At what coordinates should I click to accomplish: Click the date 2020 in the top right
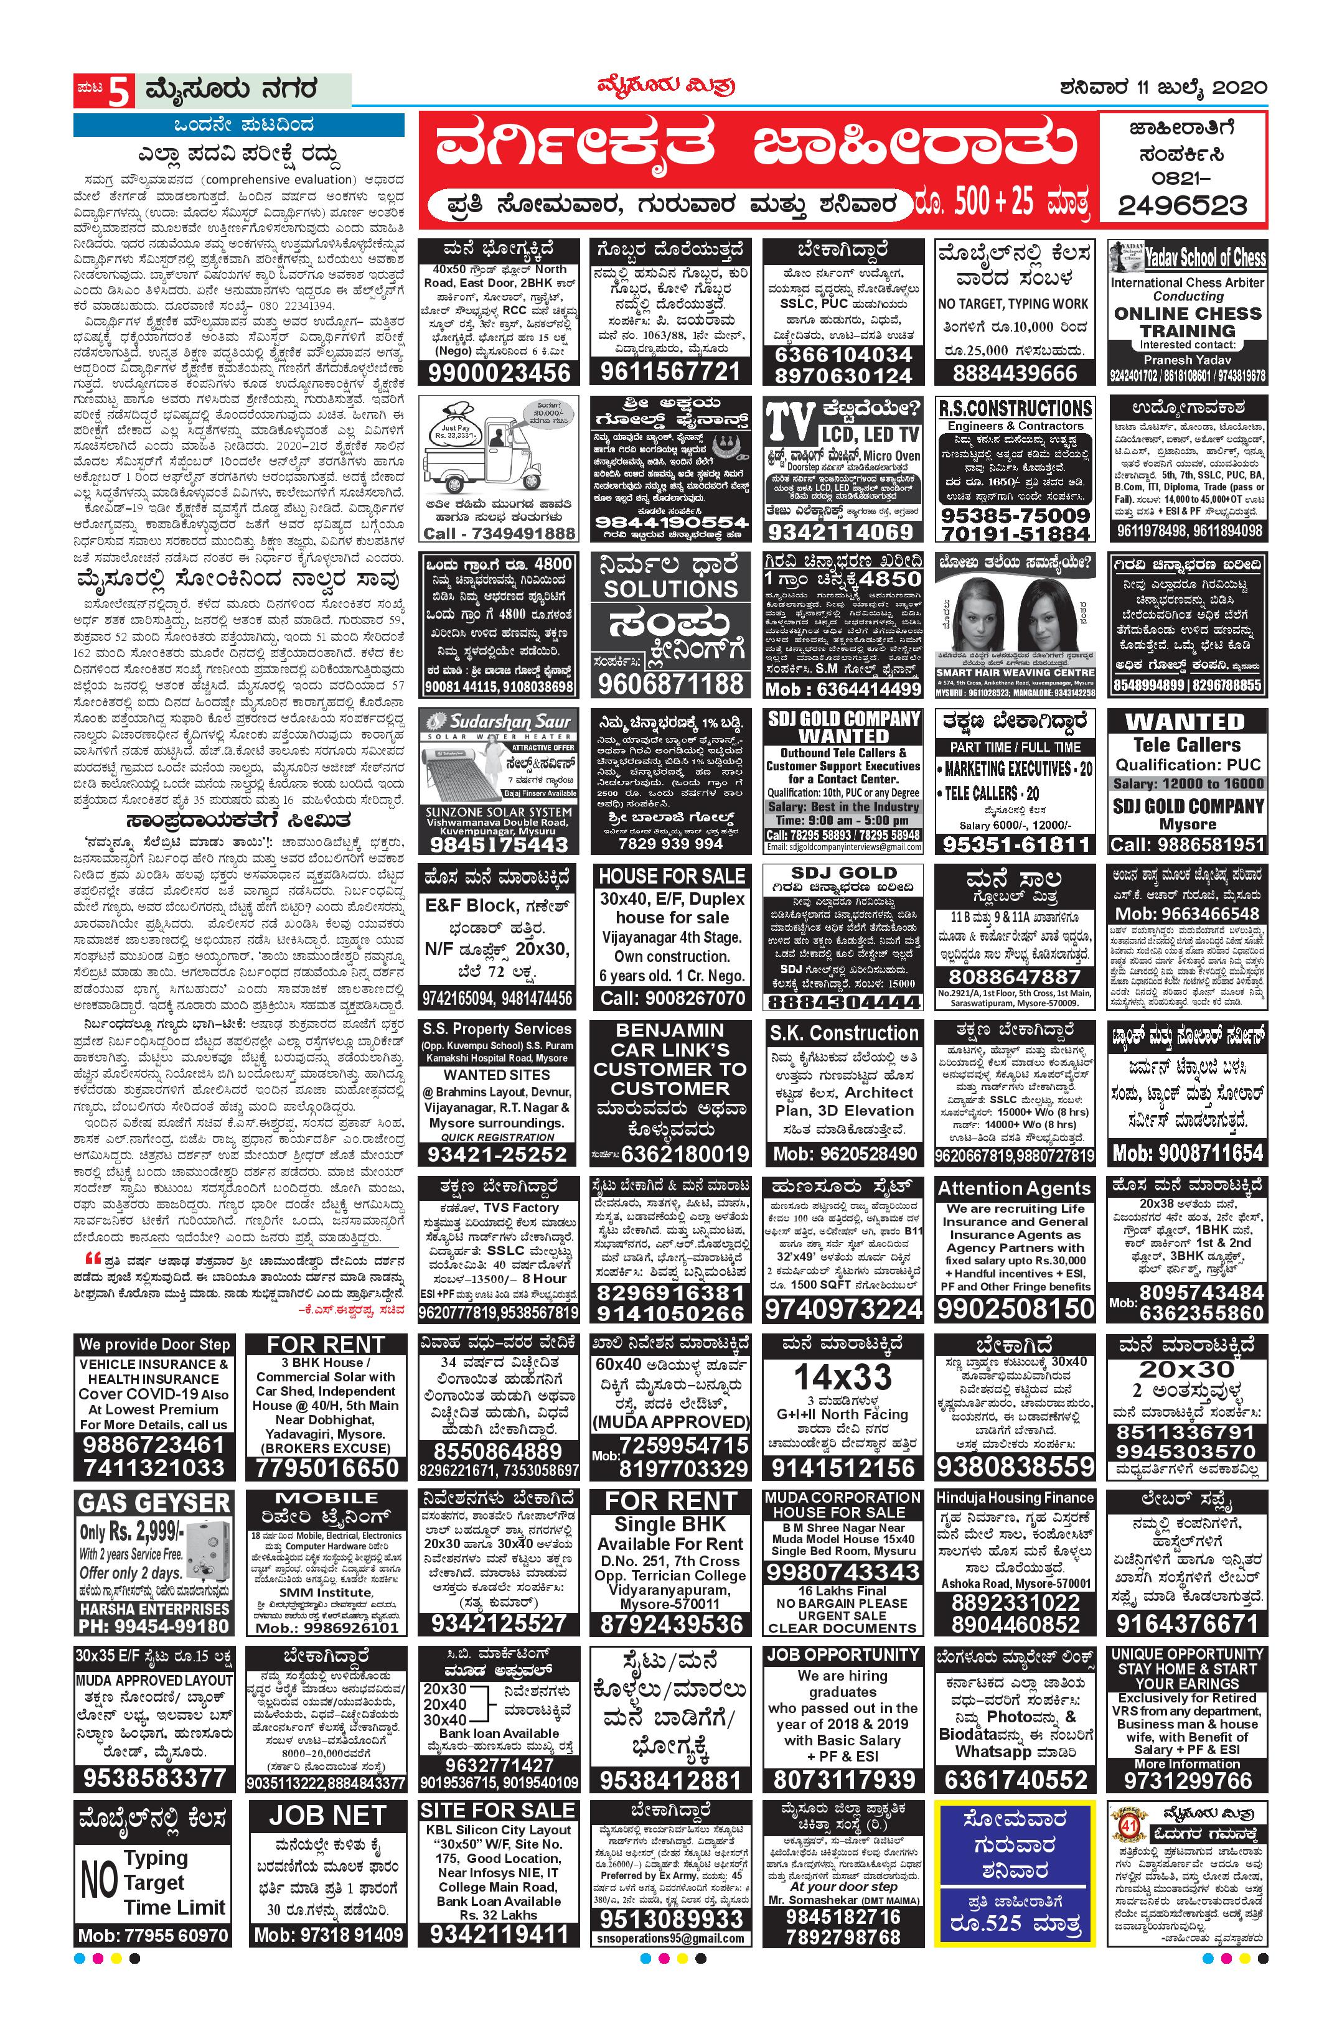pos(1240,87)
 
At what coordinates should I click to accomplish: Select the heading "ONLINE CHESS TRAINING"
pos(1186,322)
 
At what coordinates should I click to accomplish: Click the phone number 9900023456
pos(499,373)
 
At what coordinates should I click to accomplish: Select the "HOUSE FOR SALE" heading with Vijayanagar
pos(672,876)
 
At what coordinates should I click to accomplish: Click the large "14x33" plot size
pos(842,1378)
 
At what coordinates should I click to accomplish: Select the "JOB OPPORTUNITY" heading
pos(842,1655)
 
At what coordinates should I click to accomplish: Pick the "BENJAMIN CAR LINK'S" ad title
pos(670,1040)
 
